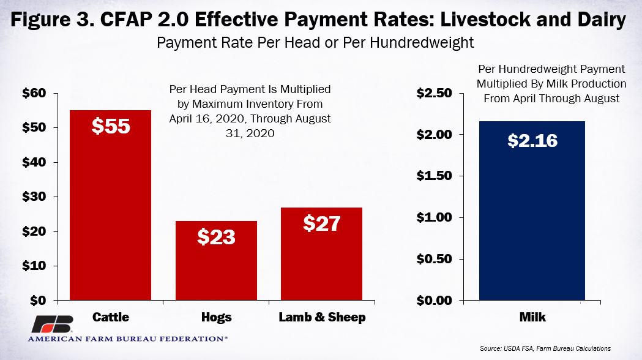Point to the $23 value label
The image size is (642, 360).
point(216,236)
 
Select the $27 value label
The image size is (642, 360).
point(322,223)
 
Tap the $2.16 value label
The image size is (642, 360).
point(532,140)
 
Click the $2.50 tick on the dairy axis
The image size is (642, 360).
point(435,94)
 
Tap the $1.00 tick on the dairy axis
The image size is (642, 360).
point(435,218)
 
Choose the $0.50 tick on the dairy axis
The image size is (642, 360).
point(435,259)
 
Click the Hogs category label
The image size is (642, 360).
point(216,317)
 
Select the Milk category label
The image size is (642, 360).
point(532,317)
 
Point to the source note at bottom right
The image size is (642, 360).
point(545,348)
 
